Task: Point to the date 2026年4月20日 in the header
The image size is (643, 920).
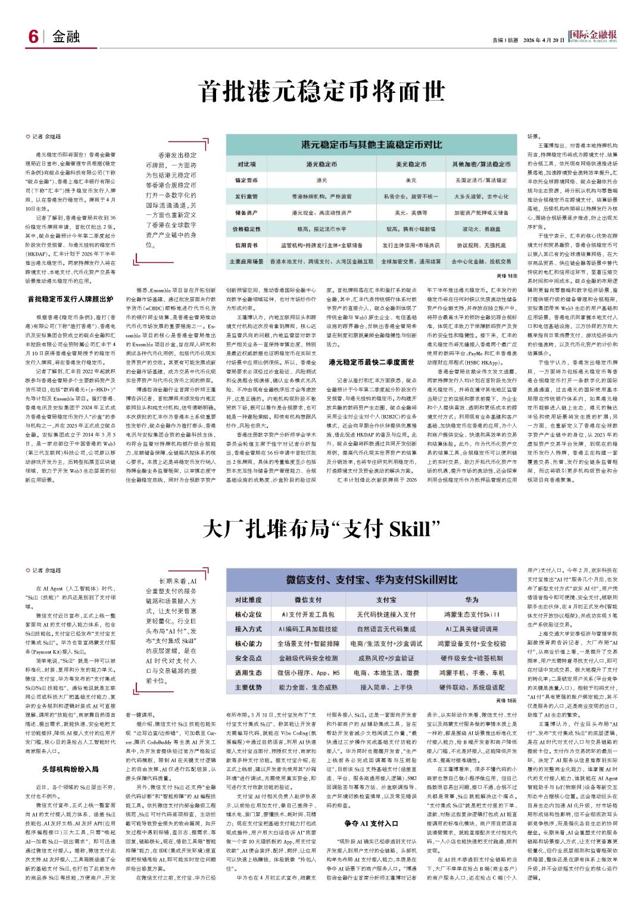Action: tap(544, 40)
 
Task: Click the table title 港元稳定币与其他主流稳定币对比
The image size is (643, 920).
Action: tap(373, 145)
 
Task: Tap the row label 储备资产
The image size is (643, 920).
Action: tap(246, 212)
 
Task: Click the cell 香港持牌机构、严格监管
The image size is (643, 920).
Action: tap(321, 196)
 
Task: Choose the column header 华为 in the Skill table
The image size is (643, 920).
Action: tap(472, 599)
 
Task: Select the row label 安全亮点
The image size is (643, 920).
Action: tap(248, 657)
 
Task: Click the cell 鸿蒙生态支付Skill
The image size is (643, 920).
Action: tap(472, 613)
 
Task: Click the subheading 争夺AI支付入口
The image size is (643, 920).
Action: tap(371, 823)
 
